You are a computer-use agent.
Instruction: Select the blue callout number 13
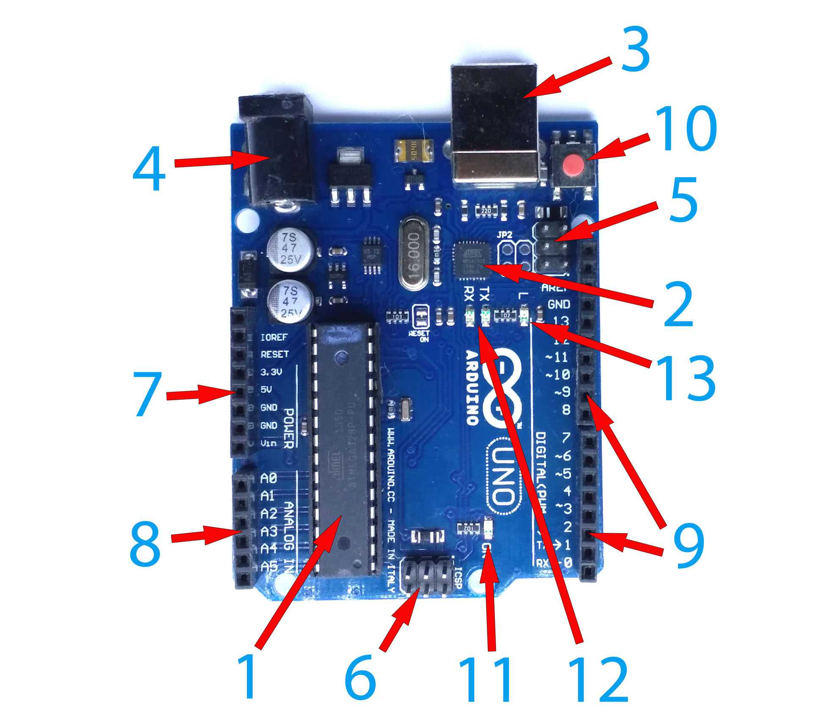(x=686, y=379)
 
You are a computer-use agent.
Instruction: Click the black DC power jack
(x=279, y=157)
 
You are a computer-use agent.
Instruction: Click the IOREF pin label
(x=274, y=337)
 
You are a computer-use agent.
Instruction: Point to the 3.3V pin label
(x=271, y=372)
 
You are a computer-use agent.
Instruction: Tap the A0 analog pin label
(x=268, y=479)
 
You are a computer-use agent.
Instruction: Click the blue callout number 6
(x=360, y=677)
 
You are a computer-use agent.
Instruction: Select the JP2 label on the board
(x=504, y=234)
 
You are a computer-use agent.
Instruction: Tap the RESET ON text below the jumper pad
(x=419, y=336)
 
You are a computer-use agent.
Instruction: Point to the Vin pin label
(x=269, y=443)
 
